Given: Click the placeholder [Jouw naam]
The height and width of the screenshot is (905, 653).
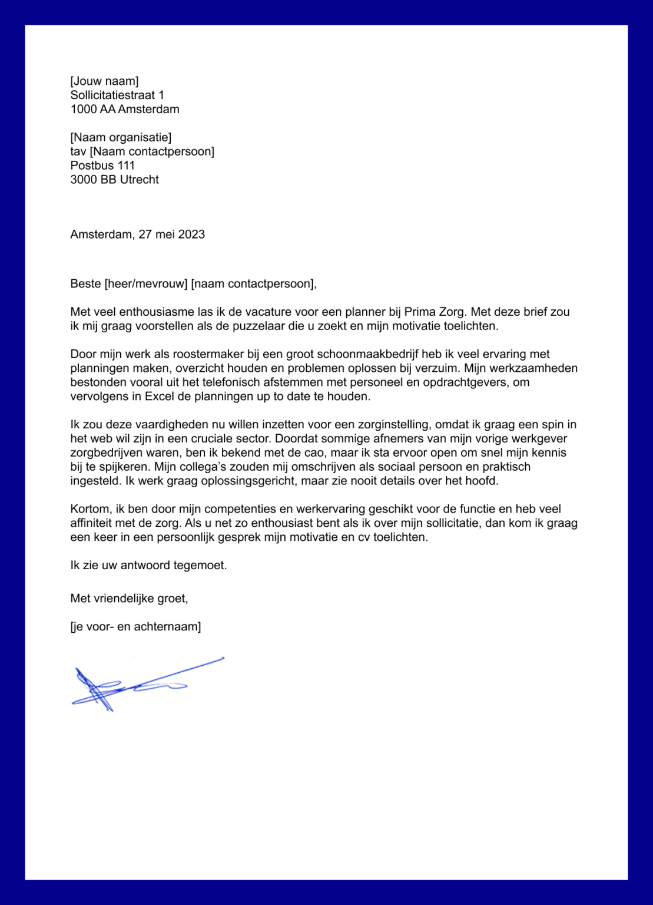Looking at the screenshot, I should click(104, 81).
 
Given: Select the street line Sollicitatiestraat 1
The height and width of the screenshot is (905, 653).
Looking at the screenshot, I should click(117, 95).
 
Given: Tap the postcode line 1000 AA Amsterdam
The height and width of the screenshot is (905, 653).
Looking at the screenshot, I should click(125, 110).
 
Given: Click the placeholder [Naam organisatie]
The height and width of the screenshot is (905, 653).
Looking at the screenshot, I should click(121, 138).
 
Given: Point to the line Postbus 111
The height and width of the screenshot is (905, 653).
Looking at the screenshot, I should click(102, 166).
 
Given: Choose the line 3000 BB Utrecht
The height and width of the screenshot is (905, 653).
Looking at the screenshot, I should click(114, 180).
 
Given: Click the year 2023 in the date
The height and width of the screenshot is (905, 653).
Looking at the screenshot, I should click(191, 234).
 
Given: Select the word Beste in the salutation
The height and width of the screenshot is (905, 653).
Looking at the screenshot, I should click(85, 284).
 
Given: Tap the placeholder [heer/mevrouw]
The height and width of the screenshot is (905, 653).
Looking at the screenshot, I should click(146, 284).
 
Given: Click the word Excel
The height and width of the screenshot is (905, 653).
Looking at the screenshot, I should click(158, 397).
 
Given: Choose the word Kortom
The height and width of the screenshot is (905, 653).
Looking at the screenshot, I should click(90, 509).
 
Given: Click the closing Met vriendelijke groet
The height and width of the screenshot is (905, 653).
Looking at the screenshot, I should click(128, 599).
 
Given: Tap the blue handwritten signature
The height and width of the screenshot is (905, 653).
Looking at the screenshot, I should click(141, 683).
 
